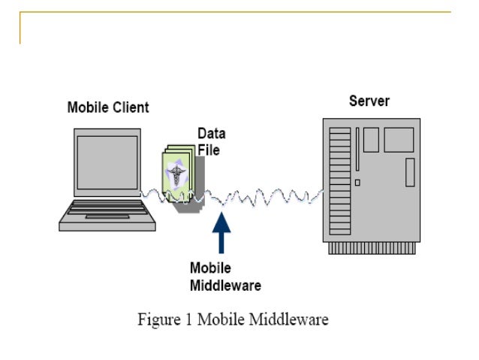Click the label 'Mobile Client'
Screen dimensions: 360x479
point(108,107)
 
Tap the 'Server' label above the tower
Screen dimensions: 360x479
point(369,101)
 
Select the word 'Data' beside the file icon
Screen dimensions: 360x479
point(211,134)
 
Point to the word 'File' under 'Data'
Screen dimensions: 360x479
point(208,149)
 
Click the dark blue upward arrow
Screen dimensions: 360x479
point(221,233)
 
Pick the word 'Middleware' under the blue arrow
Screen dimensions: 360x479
point(225,285)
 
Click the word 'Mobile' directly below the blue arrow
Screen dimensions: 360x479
point(210,268)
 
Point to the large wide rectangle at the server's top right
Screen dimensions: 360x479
point(399,141)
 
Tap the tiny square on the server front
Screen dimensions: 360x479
point(358,182)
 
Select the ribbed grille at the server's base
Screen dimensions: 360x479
point(372,248)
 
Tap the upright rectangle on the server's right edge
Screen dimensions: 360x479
point(410,172)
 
